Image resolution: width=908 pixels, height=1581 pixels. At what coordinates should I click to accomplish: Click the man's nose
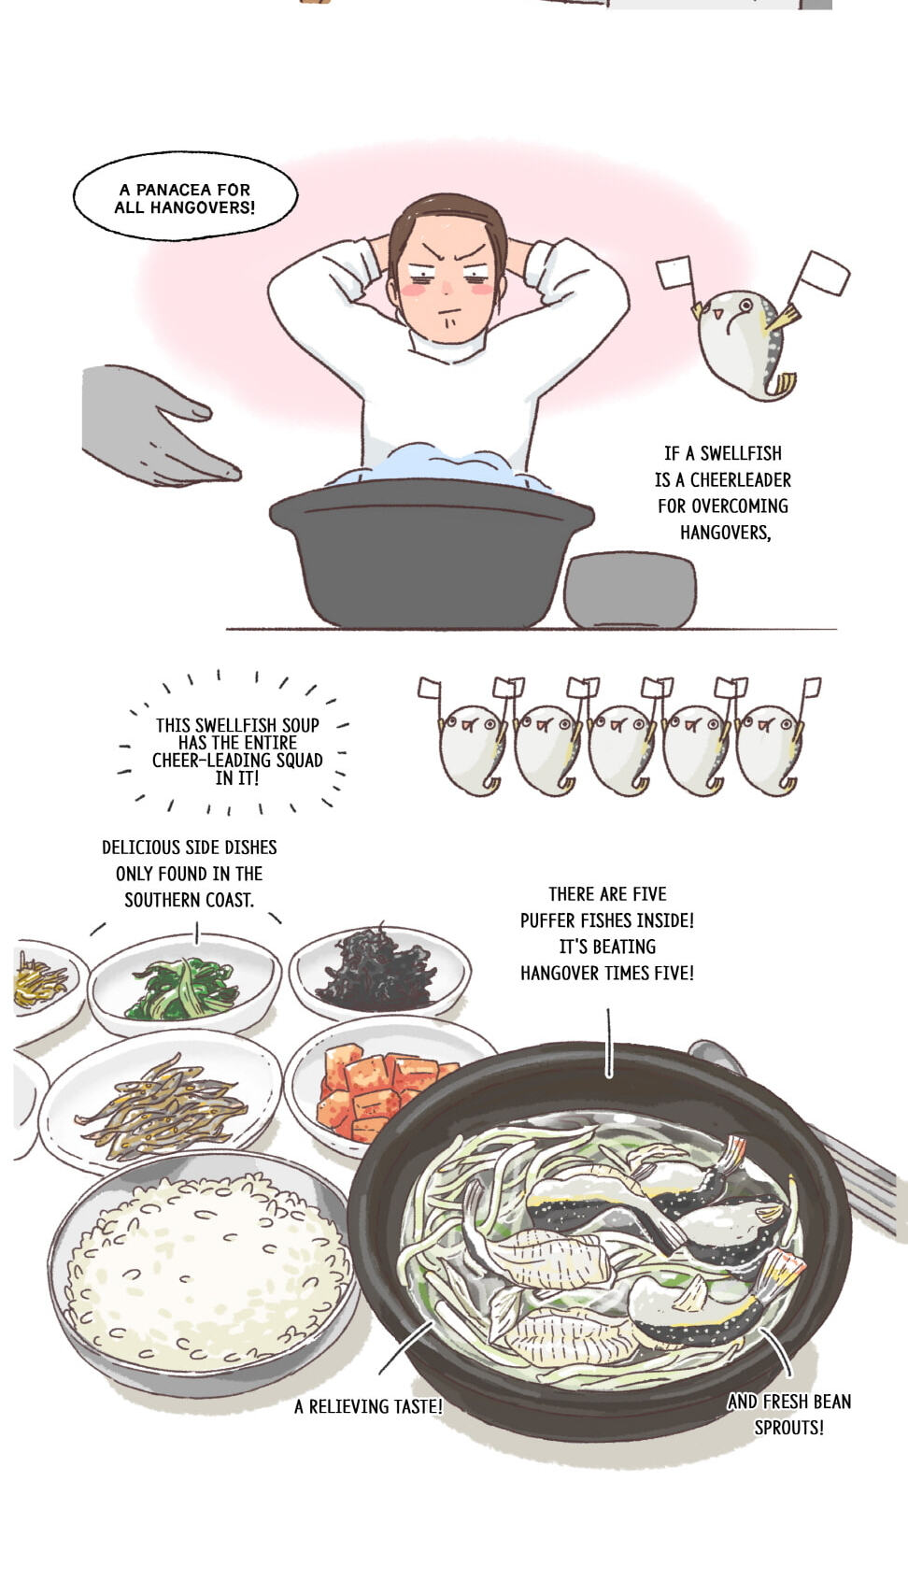click(446, 287)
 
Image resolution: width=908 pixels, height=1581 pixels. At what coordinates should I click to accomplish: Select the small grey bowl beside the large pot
click(630, 590)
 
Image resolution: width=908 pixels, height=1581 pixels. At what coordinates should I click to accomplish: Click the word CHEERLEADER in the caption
click(741, 480)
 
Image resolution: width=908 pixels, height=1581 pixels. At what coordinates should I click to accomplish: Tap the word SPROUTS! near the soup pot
click(788, 1427)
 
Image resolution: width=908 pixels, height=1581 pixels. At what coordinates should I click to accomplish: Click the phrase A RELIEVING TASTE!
click(368, 1406)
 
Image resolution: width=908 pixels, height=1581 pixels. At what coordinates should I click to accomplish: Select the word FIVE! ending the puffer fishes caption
click(670, 974)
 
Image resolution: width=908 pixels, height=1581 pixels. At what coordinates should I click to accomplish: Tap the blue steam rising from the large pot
click(441, 466)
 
